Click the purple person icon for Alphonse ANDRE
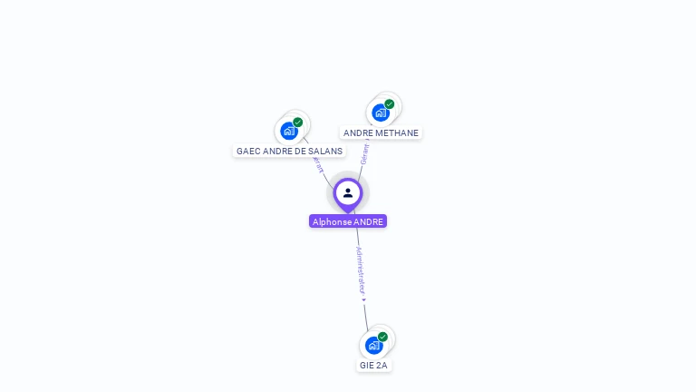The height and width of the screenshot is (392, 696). (x=348, y=192)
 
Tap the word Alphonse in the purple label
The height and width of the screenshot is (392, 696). (x=330, y=221)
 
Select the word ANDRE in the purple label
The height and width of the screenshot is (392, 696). (x=368, y=221)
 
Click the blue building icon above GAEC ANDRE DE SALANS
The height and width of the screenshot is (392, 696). (x=289, y=131)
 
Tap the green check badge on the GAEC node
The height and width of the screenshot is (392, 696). (x=298, y=122)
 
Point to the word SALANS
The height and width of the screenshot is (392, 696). (x=327, y=151)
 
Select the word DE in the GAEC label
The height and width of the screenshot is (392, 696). (x=301, y=151)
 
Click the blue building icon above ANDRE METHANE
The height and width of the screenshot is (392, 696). (x=381, y=113)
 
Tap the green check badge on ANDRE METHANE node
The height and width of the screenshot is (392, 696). (x=390, y=104)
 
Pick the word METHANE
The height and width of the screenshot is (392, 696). (x=400, y=132)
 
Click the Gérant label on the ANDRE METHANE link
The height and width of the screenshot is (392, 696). (x=364, y=153)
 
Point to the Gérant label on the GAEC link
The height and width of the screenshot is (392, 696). (x=317, y=164)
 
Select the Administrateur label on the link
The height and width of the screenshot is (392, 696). (x=361, y=269)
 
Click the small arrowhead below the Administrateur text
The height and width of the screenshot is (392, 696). (x=363, y=299)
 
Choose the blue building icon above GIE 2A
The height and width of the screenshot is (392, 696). (x=373, y=345)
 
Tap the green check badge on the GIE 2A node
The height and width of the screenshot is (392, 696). (x=382, y=337)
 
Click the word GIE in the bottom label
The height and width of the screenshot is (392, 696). (x=367, y=365)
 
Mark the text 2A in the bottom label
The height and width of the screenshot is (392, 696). (x=382, y=365)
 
